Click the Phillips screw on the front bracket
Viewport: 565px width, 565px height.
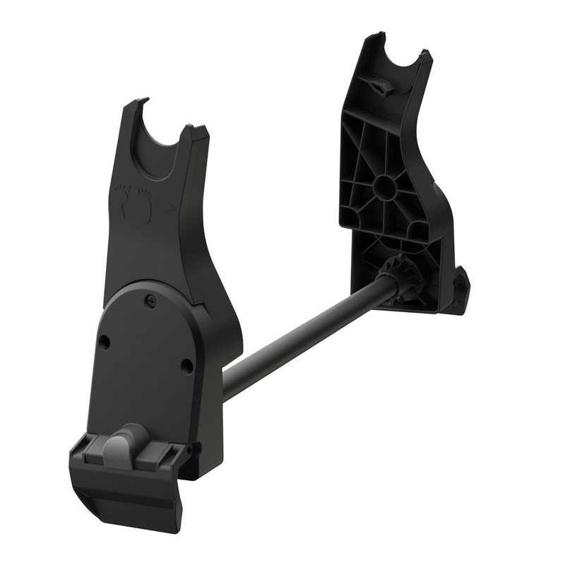(x=150, y=300)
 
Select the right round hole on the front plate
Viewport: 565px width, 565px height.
(x=186, y=365)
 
